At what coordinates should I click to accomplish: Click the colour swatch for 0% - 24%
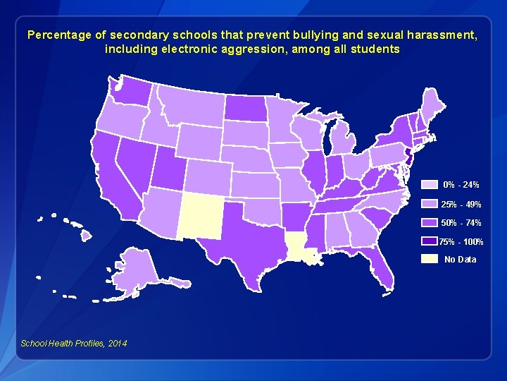pos(430,185)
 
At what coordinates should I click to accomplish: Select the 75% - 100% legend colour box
pos(430,241)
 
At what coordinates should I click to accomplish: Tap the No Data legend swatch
pos(430,259)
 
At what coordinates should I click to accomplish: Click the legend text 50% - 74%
pos(461,223)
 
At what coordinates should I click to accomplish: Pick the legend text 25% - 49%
pos(461,204)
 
